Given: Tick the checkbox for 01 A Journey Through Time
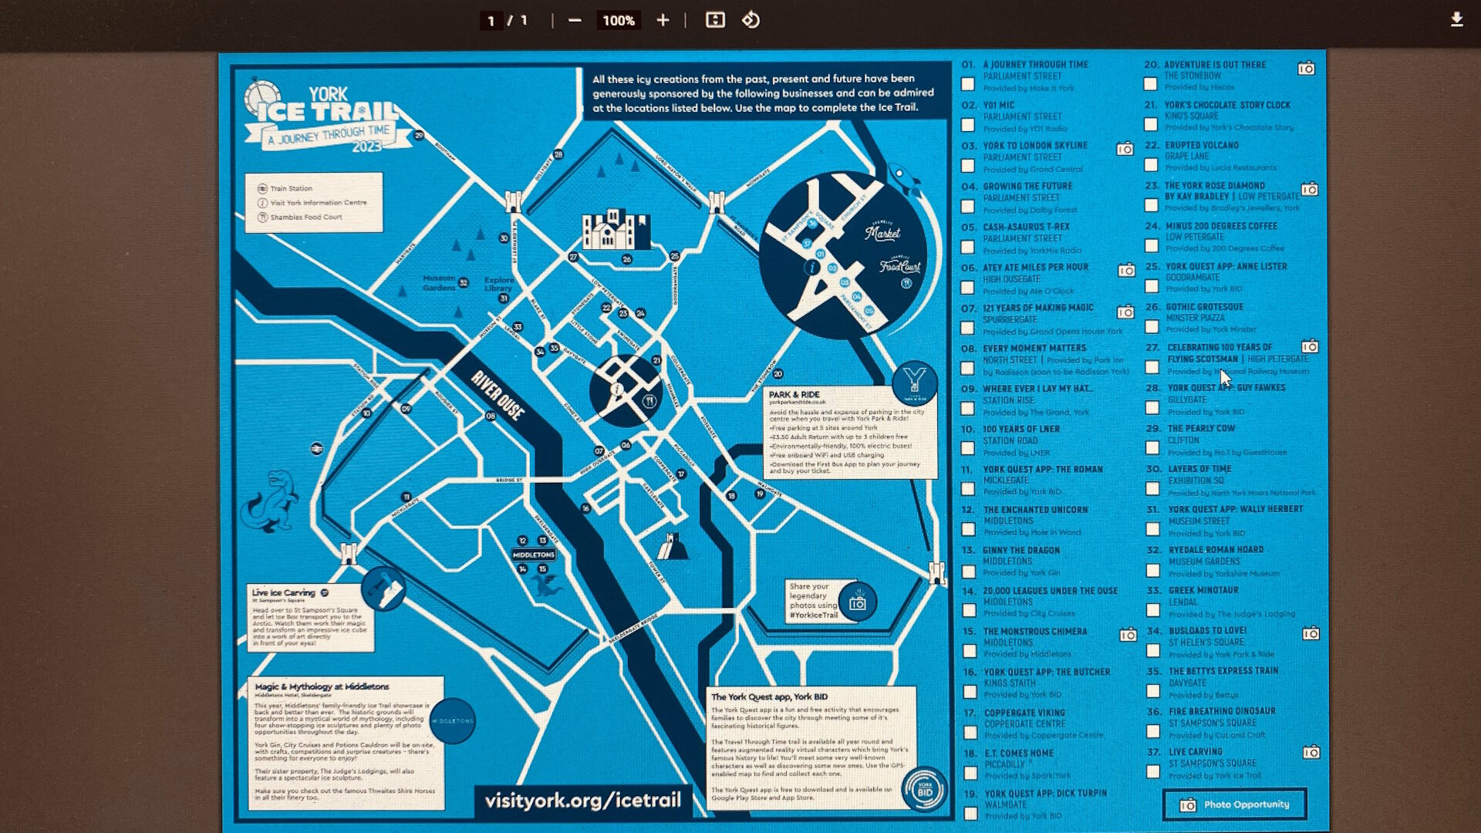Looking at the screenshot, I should tap(968, 84).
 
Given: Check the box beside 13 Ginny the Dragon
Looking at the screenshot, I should tap(969, 571).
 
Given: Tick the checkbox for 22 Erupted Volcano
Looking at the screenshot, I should tap(1151, 165).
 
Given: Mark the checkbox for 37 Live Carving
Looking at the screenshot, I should tap(1153, 771).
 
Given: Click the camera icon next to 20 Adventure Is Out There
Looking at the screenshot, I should tap(1306, 69).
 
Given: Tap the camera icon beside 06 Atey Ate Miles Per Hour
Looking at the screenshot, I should tap(1126, 271).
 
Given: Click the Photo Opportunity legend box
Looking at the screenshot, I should tap(1234, 804).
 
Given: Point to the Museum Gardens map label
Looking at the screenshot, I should tap(439, 282).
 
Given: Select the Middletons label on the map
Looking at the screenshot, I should tap(534, 555).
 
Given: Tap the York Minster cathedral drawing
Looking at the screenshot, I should tap(616, 230).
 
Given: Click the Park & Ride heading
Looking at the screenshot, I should tap(794, 394).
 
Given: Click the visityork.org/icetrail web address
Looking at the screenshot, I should tap(582, 801).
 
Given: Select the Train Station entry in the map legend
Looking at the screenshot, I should tap(291, 188).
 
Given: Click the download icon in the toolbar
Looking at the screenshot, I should tap(1456, 20).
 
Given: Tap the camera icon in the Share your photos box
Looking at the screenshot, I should tap(857, 603).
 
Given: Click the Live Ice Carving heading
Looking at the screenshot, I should tap(283, 593).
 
